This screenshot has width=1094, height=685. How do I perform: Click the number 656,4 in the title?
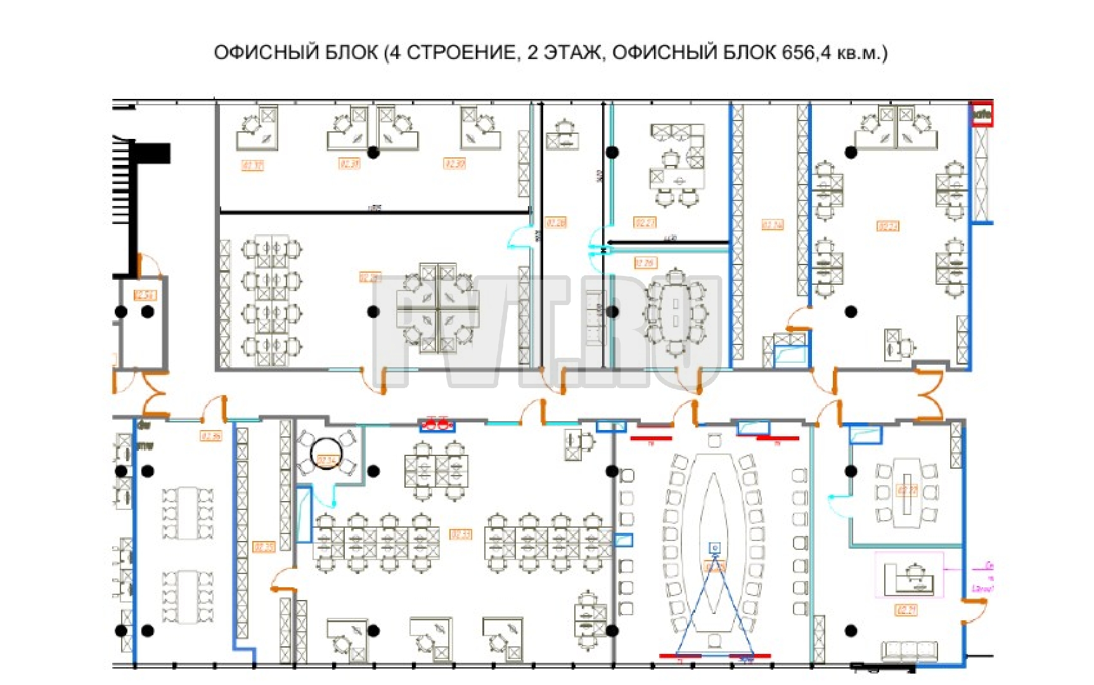tap(806, 52)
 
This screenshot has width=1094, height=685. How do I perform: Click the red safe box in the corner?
tap(982, 115)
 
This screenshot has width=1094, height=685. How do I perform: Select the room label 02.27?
tap(645, 223)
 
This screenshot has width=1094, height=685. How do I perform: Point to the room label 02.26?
tap(555, 223)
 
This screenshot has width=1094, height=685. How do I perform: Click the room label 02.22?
tap(887, 226)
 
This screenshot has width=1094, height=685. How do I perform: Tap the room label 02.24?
tap(772, 225)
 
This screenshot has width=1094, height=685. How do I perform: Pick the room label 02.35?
tap(264, 547)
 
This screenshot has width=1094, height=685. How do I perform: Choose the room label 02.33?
tap(460, 535)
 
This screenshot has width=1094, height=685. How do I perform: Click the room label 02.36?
tap(211, 436)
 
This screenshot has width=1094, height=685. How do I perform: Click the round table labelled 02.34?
tap(327, 454)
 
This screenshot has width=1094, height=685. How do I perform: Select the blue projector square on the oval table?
tap(714, 547)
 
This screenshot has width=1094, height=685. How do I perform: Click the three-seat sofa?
tap(910, 650)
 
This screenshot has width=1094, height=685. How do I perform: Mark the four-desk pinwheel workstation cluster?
tap(437, 309)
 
